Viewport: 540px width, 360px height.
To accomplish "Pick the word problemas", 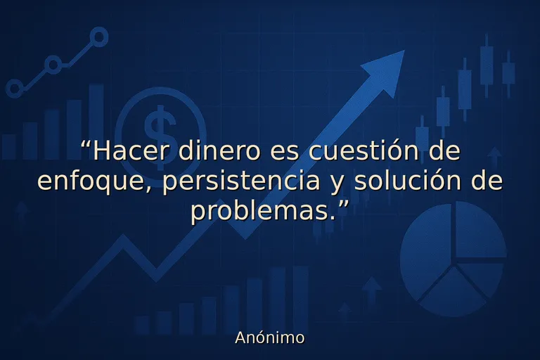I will coord(262,211).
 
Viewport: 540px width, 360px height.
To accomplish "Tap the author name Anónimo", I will coord(270,337).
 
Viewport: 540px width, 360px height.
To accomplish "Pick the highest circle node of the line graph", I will coord(99,37).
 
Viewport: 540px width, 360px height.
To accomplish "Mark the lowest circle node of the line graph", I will coord(14,89).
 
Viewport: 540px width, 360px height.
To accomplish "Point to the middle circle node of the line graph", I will coord(53,65).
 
